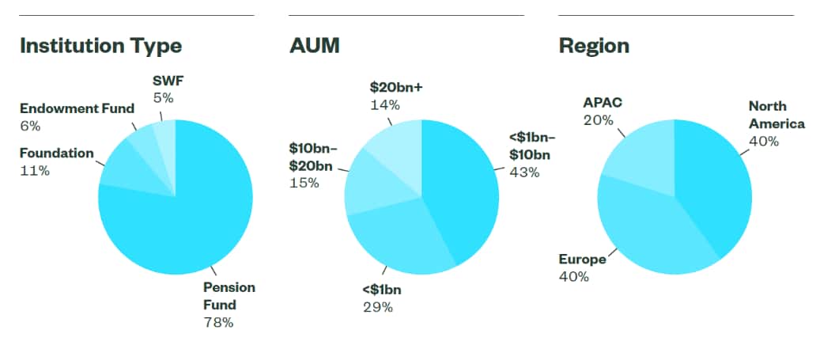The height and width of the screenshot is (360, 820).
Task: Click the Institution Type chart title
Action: (x=100, y=46)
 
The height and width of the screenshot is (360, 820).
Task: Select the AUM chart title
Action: (x=314, y=46)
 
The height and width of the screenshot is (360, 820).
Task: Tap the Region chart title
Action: (x=594, y=46)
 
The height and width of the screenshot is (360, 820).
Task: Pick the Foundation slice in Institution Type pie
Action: (x=123, y=166)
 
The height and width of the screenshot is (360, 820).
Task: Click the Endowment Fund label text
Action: (x=77, y=108)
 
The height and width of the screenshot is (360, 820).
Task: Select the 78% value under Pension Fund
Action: (x=218, y=322)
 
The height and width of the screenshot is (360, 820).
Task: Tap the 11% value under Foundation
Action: (x=35, y=170)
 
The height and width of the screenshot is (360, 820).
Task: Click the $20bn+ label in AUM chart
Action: (x=397, y=87)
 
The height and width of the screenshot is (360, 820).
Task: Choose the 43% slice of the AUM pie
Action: (x=463, y=190)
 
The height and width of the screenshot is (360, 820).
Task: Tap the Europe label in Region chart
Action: (x=582, y=260)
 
